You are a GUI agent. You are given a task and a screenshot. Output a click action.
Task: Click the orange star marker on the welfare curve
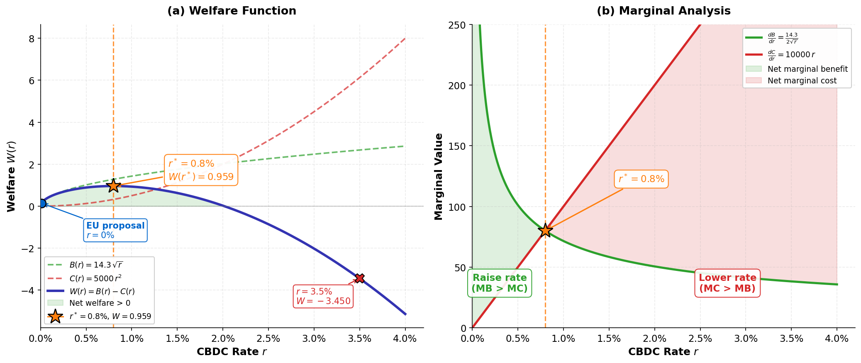coord(113,185)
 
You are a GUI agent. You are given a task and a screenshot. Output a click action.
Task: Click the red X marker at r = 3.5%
coord(359,278)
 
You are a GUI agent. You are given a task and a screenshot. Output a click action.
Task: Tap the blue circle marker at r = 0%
coord(41,203)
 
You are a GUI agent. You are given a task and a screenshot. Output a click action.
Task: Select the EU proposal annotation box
coord(115,230)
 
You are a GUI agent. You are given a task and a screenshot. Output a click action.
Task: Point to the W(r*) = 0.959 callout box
coord(201,170)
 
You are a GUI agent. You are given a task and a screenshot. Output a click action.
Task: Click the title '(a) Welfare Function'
coord(232,11)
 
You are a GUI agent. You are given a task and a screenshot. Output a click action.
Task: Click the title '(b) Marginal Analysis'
coord(663,11)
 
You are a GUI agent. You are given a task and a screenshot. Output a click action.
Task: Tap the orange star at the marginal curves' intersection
coord(545,230)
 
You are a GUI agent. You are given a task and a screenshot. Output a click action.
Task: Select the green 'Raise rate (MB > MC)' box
coord(500,283)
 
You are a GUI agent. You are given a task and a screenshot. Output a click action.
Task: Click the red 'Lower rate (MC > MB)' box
coord(727,283)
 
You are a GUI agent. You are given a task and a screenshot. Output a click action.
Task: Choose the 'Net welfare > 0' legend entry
coord(100,303)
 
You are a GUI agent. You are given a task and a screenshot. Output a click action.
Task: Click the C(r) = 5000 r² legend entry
coord(95,278)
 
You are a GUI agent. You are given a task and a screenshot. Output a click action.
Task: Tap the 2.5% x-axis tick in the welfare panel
coord(268,339)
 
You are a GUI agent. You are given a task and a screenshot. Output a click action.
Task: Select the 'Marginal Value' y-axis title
coord(439,176)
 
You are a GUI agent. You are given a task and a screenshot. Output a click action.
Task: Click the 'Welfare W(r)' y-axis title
coord(11,176)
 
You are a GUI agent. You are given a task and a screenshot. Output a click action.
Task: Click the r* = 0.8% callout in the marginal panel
coord(641,179)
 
